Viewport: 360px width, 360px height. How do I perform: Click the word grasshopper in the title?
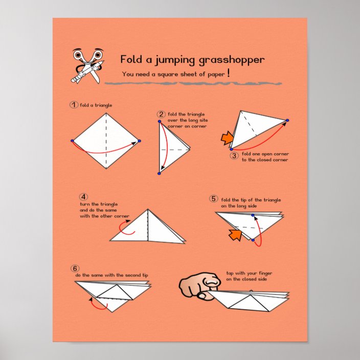(x=232, y=60)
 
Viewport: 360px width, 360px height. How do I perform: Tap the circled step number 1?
(x=74, y=105)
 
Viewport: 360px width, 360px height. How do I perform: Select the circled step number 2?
(x=161, y=114)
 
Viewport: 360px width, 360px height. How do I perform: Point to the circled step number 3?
(x=234, y=155)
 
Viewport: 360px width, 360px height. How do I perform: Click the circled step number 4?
(x=83, y=197)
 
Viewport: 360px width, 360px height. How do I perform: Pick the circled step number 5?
(x=214, y=198)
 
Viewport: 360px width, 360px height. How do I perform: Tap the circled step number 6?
(x=75, y=268)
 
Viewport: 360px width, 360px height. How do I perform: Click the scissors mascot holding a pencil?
(x=87, y=65)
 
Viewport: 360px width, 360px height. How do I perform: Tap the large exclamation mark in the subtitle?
(x=228, y=73)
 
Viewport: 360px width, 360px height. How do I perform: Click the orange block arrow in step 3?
(x=227, y=138)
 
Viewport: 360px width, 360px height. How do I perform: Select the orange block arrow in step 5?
(x=235, y=235)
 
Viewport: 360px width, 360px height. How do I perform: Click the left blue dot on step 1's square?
(x=72, y=141)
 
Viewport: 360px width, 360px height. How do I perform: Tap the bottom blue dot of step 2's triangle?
(x=159, y=173)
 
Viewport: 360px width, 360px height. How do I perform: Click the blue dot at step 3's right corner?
(x=287, y=120)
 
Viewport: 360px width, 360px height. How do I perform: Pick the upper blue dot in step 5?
(x=253, y=215)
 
